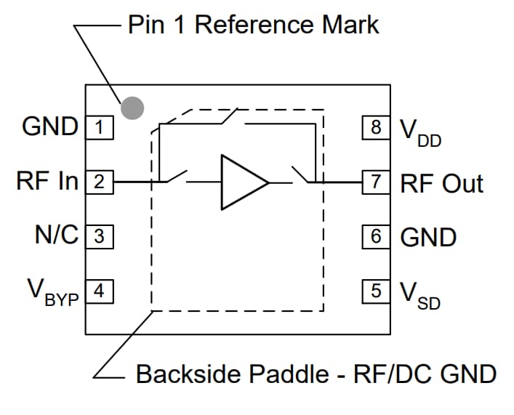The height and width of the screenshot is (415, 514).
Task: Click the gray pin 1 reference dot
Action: [x=132, y=108]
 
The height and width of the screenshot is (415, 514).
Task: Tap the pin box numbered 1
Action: [x=100, y=128]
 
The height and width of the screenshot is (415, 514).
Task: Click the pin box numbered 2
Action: [x=100, y=182]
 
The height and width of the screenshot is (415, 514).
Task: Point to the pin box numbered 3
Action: [x=100, y=236]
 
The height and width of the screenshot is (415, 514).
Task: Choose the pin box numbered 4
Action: [x=100, y=291]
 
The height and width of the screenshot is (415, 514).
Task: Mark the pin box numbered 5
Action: [x=376, y=291]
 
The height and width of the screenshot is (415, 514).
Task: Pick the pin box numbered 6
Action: [x=376, y=236]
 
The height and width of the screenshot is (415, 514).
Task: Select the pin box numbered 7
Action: [x=376, y=182]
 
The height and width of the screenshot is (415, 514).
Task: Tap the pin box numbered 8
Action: [x=376, y=128]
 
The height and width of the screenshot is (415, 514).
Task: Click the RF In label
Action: [x=47, y=181]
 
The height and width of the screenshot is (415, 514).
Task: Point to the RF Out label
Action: [x=441, y=183]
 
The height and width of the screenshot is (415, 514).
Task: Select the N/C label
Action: [x=56, y=235]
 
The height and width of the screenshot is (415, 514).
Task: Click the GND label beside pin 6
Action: [x=429, y=237]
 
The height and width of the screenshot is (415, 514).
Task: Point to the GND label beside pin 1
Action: [x=50, y=126]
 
